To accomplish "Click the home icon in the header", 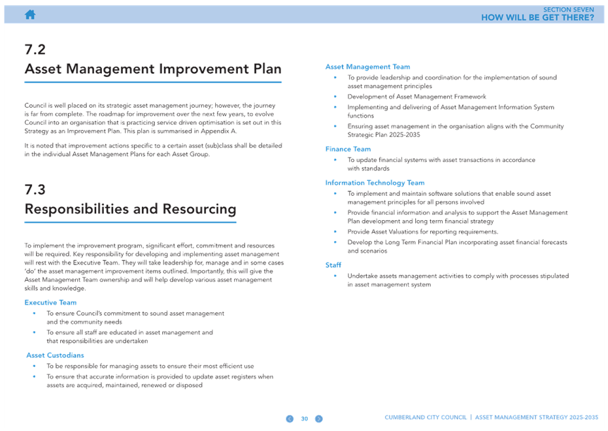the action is (30, 15).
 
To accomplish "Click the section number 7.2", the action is (35, 50).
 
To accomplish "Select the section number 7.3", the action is (35, 190).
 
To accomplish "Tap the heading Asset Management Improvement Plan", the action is (153, 69).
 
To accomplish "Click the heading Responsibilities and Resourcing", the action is (130, 209).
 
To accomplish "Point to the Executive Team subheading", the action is (50, 302).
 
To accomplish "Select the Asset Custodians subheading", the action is (55, 355).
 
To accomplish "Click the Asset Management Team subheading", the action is (367, 67).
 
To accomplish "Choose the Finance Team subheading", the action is (348, 149).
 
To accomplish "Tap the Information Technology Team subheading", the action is (375, 183).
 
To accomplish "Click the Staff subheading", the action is (333, 265).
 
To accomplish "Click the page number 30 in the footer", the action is (305, 419).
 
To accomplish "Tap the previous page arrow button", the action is (290, 419).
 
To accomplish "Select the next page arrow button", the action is (319, 419).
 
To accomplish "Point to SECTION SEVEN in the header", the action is (569, 10).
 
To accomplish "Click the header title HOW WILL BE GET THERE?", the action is (537, 18).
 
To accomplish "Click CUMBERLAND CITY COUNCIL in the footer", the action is (426, 417).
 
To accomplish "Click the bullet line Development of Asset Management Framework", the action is (416, 97).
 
